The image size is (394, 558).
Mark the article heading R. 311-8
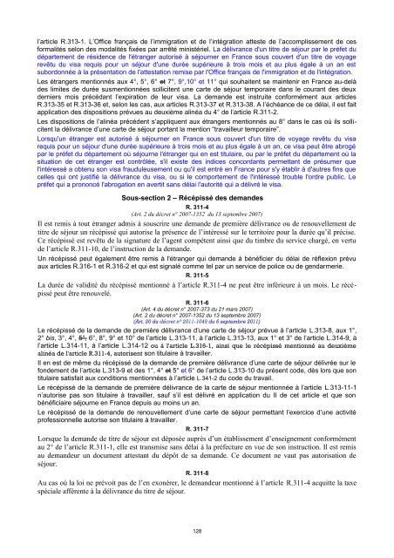coord(197,497)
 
